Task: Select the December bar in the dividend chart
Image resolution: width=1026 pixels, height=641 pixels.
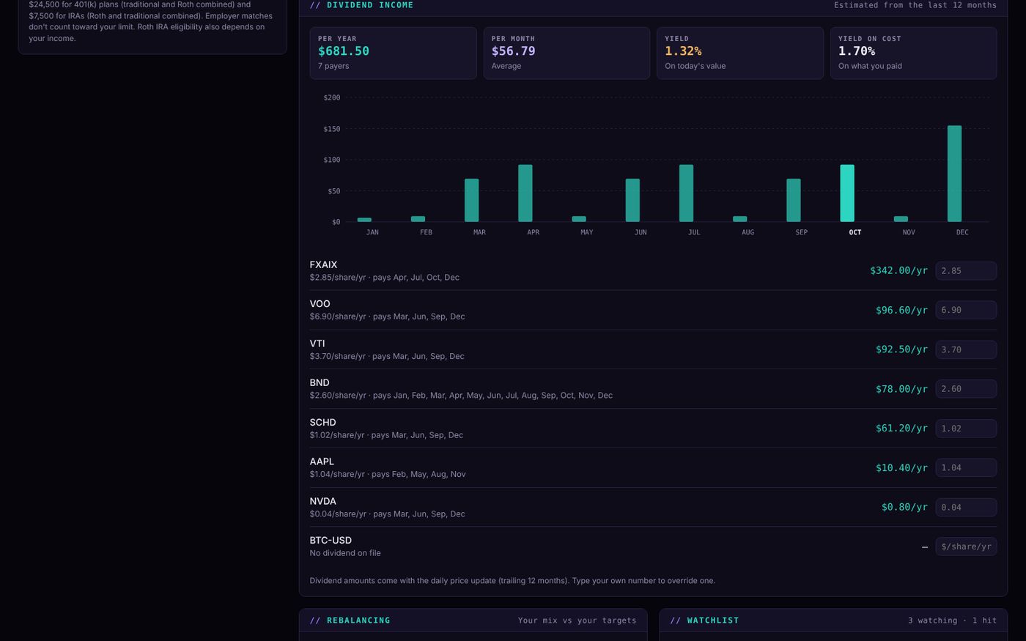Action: [954, 174]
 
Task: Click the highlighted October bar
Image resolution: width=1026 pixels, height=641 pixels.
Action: [847, 193]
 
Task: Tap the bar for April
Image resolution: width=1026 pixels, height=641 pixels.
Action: [525, 193]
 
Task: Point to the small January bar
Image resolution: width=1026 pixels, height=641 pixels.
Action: [364, 220]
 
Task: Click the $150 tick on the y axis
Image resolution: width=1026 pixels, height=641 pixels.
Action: [331, 129]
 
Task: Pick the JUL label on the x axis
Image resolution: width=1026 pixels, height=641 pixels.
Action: [694, 232]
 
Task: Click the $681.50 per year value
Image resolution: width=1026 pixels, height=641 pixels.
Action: [344, 51]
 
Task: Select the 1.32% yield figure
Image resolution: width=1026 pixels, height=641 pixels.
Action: [683, 51]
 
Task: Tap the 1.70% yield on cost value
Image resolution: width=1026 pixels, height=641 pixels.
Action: [857, 51]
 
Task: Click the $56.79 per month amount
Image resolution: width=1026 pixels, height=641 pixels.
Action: [513, 51]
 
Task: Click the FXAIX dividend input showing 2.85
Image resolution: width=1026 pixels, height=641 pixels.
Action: [966, 270]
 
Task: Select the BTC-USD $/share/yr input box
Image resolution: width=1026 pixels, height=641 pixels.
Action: [966, 546]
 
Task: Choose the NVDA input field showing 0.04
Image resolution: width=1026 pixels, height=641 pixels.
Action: [966, 507]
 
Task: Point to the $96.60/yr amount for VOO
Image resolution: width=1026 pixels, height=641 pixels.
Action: [901, 310]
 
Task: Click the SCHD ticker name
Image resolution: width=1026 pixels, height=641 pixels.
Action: [322, 422]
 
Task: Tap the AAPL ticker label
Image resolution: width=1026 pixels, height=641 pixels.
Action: [322, 462]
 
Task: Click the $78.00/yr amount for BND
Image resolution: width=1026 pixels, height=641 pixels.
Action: [901, 389]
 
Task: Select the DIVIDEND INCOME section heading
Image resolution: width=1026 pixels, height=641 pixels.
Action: [369, 5]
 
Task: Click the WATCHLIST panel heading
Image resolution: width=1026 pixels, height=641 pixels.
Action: [712, 620]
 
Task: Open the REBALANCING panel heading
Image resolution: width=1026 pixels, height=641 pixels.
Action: [358, 620]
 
